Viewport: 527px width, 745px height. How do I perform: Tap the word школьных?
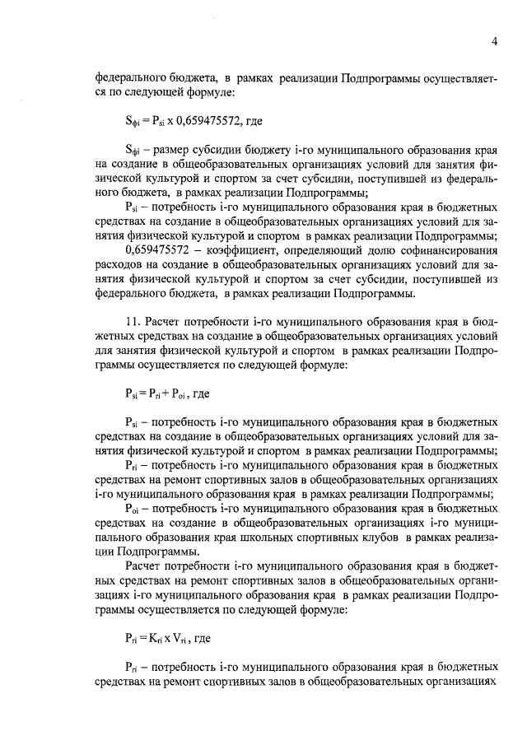(296, 537)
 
